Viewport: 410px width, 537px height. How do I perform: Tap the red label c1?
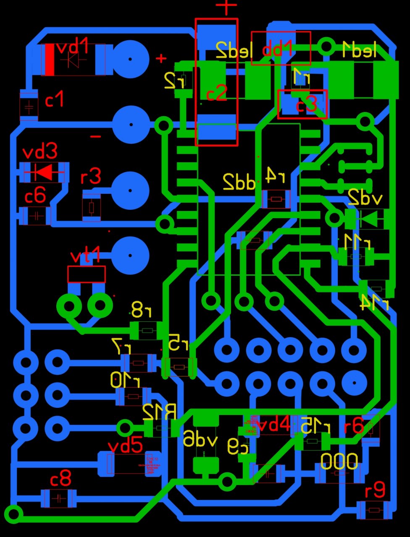(54, 101)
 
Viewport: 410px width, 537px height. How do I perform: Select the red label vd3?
(39, 152)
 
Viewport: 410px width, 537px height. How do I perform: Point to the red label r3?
(91, 177)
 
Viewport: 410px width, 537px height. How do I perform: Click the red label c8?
(60, 479)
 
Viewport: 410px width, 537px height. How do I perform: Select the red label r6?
(353, 427)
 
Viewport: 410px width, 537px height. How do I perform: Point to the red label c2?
(217, 93)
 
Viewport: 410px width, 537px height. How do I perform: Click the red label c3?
(306, 105)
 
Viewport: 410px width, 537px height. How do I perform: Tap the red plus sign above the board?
(226, 7)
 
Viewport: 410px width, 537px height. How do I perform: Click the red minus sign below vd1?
(96, 137)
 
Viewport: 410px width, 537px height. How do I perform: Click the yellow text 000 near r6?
(339, 461)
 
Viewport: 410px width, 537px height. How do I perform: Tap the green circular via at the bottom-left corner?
(13, 514)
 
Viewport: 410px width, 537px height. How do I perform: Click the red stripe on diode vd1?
(49, 60)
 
